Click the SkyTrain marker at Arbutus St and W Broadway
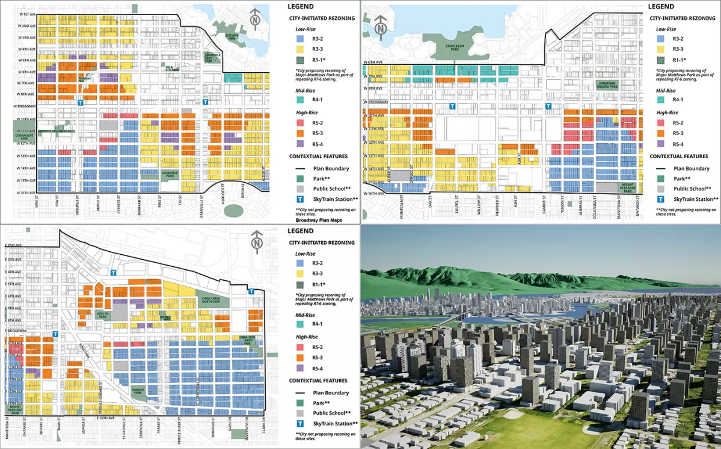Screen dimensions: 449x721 (x=81, y=103)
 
